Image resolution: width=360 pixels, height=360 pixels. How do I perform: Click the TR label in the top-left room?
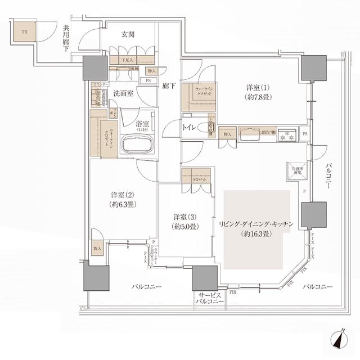point(24,32)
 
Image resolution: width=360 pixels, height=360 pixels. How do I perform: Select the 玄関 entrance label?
point(128,34)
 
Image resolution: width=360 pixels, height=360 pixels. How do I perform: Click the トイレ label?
point(188,128)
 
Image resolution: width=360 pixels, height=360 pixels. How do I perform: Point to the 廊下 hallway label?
point(169,87)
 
